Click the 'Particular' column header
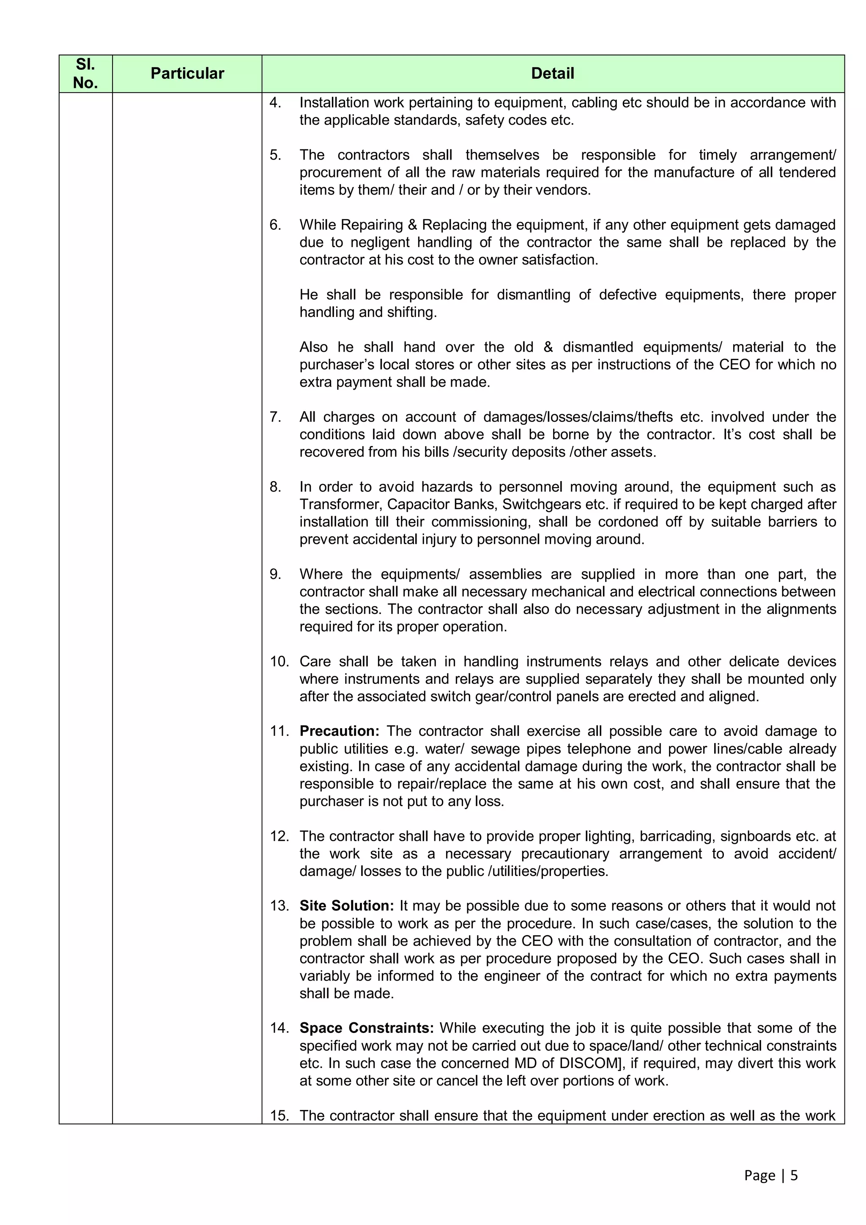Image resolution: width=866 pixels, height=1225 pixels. (187, 74)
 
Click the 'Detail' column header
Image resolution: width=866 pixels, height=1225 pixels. (552, 74)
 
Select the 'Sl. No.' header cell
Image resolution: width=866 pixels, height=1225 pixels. (85, 74)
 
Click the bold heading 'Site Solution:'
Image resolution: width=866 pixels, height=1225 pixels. (347, 906)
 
